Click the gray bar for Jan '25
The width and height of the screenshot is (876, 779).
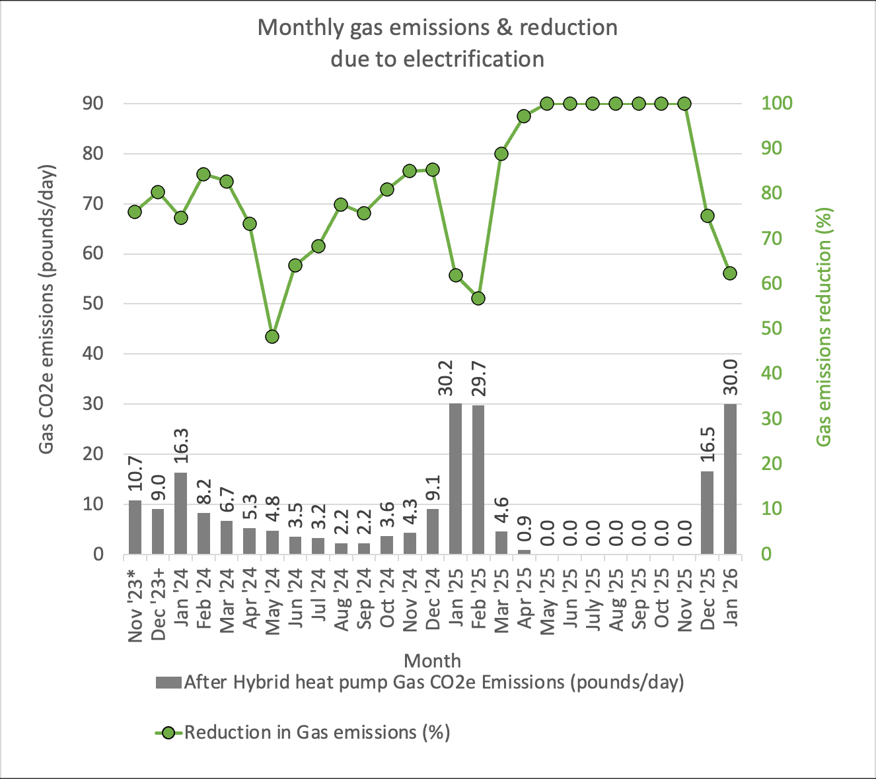point(455,479)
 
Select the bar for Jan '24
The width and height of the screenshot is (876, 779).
point(180,513)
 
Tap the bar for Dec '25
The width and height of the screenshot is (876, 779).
point(707,512)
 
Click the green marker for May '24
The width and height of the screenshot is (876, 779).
point(272,337)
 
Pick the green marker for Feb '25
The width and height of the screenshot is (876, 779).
point(478,298)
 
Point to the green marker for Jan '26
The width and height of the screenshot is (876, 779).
point(730,273)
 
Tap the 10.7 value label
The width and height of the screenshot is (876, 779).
point(135,473)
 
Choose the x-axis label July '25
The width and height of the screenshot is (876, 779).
point(593,596)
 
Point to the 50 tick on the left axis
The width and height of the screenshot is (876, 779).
point(92,304)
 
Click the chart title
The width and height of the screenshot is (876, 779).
point(437,43)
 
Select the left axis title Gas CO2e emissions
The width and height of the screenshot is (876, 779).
point(46,309)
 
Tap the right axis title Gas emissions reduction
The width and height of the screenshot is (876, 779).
point(824,327)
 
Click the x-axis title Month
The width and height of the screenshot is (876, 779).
point(433,661)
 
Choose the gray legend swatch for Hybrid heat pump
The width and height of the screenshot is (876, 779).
point(168,683)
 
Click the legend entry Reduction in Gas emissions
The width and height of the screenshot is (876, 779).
point(317,732)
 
